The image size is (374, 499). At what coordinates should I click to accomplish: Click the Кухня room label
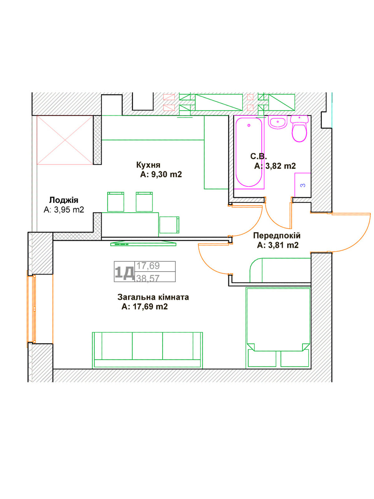[148, 165]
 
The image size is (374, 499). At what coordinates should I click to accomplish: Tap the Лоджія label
[64, 200]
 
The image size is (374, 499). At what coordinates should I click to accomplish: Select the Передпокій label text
[276, 235]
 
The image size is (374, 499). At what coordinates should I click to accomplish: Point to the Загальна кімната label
[153, 297]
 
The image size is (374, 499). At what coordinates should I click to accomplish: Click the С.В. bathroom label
[258, 156]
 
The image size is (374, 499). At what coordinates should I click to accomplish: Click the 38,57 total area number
[148, 278]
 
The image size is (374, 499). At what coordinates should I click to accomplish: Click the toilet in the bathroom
[299, 129]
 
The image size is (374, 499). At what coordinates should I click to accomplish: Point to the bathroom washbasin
[277, 122]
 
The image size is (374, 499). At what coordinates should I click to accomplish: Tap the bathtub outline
[249, 152]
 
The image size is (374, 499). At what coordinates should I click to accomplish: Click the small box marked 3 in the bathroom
[302, 185]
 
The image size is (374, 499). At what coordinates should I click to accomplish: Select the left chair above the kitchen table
[116, 202]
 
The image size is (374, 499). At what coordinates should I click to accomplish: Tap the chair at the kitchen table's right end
[169, 225]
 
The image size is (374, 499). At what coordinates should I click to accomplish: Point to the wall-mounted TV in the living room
[143, 243]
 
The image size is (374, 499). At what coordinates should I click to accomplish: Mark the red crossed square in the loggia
[65, 140]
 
